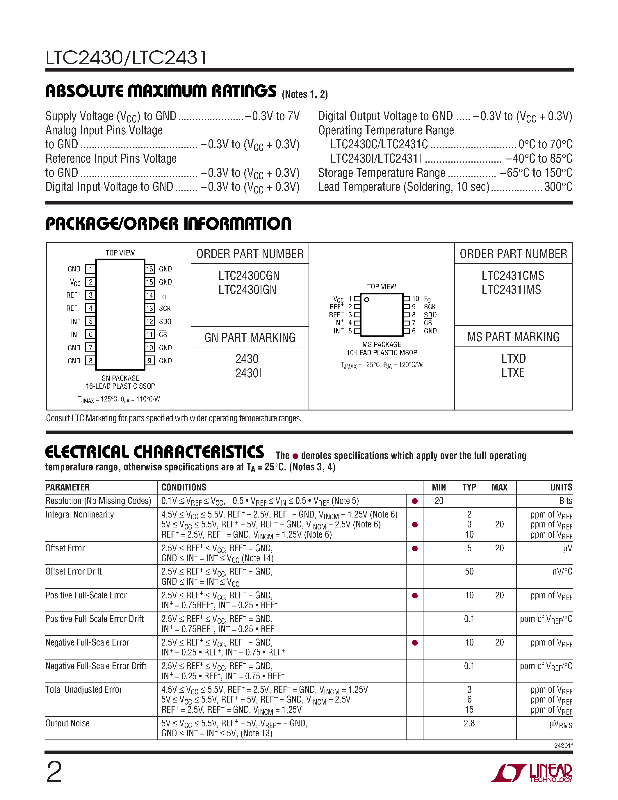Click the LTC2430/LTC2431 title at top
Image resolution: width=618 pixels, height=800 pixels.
point(126,58)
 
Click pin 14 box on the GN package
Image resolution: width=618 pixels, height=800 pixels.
point(149,295)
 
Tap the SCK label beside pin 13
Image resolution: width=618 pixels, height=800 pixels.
point(165,308)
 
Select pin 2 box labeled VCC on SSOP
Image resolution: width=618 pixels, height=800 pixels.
point(90,282)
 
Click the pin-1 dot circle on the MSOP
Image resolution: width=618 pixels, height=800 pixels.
point(366,299)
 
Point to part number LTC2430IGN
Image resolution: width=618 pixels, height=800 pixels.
point(247,290)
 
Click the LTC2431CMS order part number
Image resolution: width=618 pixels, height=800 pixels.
point(512,276)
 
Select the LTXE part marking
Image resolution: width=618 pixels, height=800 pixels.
point(513,373)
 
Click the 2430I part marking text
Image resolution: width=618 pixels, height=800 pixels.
point(248,373)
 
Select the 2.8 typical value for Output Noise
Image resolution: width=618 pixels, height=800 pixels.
point(469,723)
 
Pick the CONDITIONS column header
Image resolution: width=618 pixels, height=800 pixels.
point(184,487)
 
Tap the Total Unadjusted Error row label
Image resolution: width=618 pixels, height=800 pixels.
point(83,690)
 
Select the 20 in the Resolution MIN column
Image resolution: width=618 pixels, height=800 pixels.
point(439,501)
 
